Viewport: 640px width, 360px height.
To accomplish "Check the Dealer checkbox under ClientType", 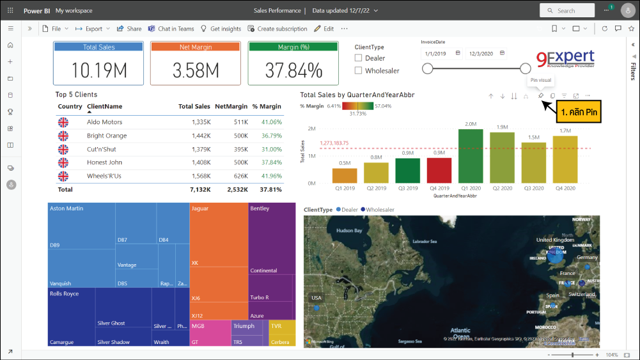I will [x=359, y=58].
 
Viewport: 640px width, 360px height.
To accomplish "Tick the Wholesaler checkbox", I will [x=359, y=70].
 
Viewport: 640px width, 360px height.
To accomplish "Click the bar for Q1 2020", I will [x=471, y=156].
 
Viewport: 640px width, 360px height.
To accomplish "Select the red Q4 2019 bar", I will [x=439, y=170].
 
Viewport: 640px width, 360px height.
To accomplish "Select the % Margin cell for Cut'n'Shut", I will [x=271, y=149].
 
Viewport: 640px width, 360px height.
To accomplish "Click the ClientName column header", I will [x=104, y=107].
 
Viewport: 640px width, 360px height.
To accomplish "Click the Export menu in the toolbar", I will [x=93, y=29].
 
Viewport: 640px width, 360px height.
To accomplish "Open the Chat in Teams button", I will [x=171, y=29].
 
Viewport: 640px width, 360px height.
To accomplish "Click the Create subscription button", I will [x=277, y=29].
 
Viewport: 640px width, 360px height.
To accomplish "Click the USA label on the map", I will [x=316, y=298].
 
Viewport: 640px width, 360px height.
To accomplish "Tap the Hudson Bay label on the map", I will [x=349, y=230].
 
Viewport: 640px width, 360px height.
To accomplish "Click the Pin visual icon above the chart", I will [x=540, y=96].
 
